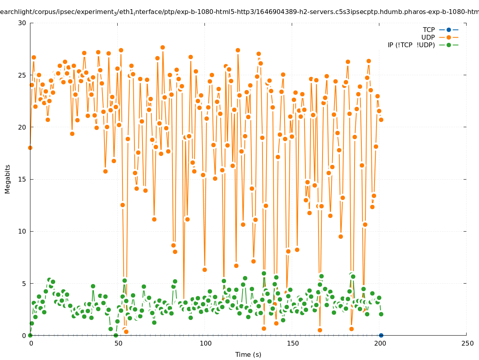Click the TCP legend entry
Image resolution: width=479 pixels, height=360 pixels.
click(429, 30)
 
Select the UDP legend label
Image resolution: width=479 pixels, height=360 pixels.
click(428, 37)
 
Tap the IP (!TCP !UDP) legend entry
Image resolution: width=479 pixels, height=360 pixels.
click(411, 45)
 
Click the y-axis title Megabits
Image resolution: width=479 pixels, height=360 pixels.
click(8, 179)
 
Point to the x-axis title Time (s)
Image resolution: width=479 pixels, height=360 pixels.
click(248, 354)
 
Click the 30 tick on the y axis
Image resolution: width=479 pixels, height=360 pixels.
click(22, 23)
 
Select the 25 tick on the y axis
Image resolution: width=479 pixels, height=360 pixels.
click(22, 75)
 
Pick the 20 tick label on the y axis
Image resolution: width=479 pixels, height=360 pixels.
click(22, 127)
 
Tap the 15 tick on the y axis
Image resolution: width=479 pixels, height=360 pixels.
click(22, 179)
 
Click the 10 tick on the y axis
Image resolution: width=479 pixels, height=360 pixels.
click(22, 231)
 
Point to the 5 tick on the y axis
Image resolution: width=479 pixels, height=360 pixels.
click(24, 284)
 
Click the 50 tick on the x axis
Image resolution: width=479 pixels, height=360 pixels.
click(118, 343)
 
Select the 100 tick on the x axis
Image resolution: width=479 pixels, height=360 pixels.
click(205, 343)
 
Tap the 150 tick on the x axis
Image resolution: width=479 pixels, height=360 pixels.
click(292, 343)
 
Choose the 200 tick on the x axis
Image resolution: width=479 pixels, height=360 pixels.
click(379, 343)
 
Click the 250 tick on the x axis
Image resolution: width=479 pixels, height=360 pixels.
click(467, 343)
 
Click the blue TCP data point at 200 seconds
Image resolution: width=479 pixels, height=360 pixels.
click(381, 335)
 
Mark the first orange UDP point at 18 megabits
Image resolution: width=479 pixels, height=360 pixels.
click(30, 148)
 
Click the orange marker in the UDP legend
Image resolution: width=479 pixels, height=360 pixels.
click(449, 37)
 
